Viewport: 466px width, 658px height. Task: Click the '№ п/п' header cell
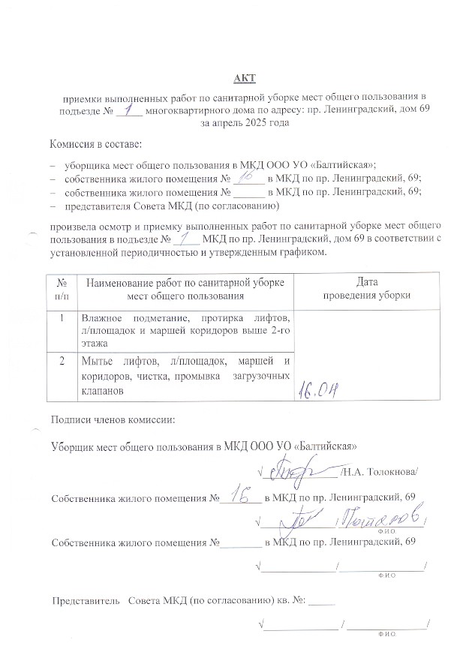(x=63, y=288)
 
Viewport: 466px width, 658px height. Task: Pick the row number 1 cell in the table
(x=63, y=317)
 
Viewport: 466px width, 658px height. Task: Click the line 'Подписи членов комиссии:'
(x=112, y=419)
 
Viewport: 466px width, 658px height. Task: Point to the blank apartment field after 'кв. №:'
(x=321, y=601)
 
